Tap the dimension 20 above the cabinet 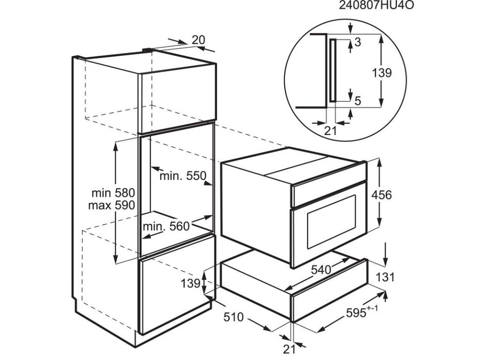[198, 40]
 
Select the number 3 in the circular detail [357, 42]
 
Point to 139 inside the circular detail [382, 73]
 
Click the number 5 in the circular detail [358, 100]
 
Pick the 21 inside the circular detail [330, 131]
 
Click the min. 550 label [183, 176]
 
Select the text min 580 [113, 193]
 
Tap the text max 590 [112, 205]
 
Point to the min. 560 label [166, 226]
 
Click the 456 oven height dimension [382, 195]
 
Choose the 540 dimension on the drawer [321, 270]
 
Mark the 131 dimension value [385, 277]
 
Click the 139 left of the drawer [190, 284]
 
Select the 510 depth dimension [233, 317]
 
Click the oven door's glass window [331, 221]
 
